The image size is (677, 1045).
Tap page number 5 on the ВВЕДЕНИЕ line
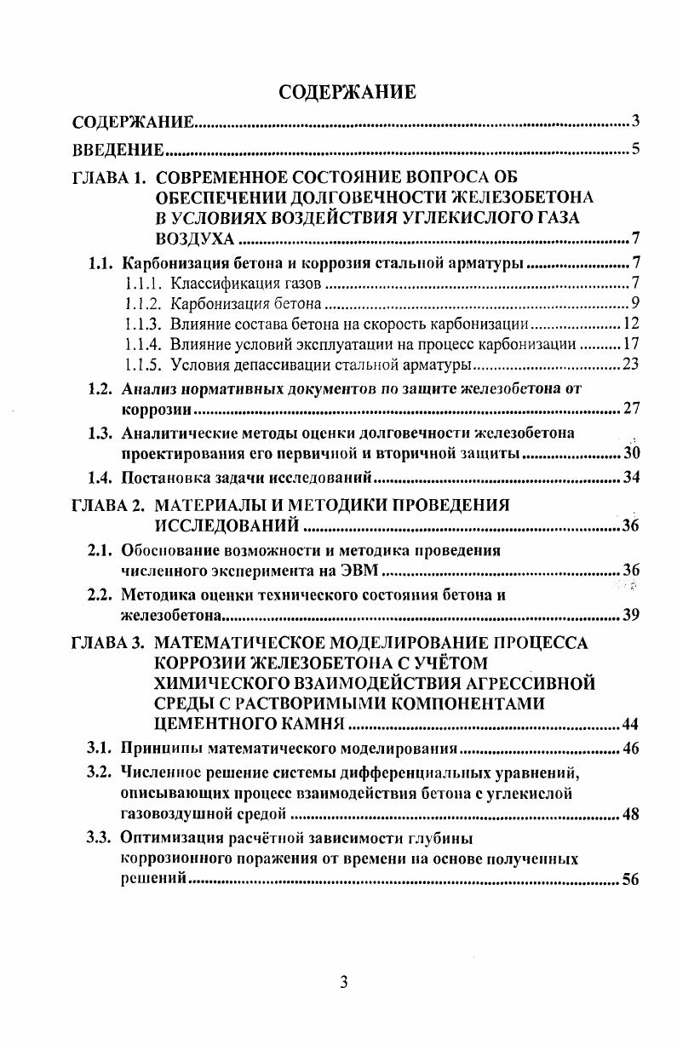[635, 152]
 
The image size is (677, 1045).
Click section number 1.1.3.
[142, 324]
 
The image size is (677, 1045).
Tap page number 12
[631, 324]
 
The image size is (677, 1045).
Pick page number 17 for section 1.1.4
[631, 344]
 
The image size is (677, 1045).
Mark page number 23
[631, 365]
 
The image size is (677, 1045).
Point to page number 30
[631, 453]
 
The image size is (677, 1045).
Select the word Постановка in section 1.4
[159, 477]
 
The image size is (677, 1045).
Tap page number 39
[631, 616]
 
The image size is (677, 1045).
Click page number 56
[631, 880]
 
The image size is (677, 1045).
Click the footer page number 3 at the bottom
[344, 982]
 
